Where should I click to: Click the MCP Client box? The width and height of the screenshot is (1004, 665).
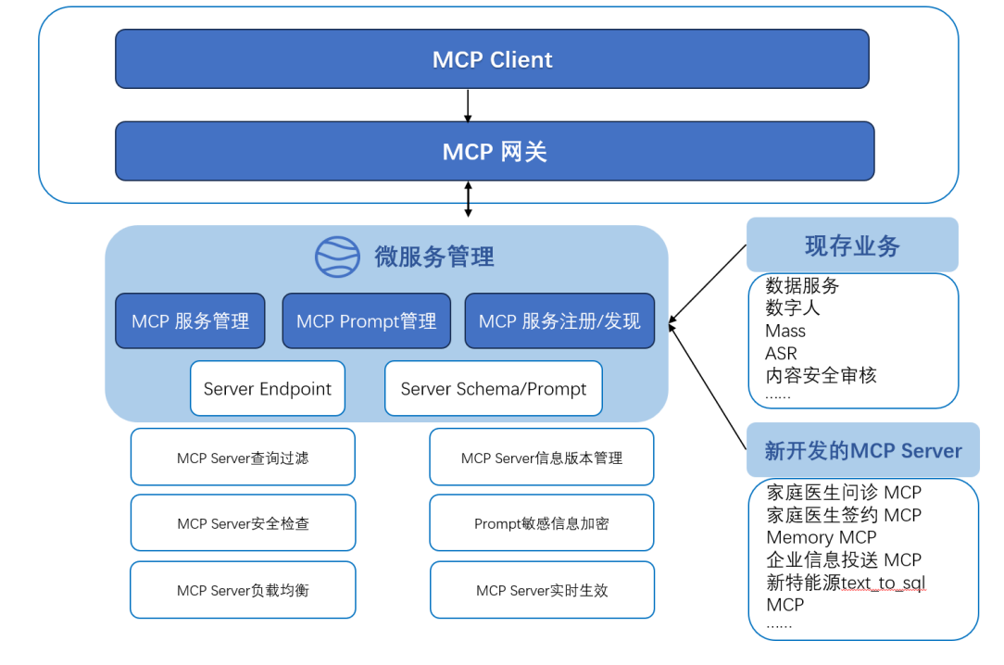click(492, 59)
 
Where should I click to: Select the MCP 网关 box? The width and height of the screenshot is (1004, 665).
click(495, 151)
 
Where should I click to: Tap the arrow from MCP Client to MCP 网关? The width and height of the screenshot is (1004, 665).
click(468, 106)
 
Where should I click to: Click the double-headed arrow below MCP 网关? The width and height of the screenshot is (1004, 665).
click(468, 199)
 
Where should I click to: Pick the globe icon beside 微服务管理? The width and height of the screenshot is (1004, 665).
click(337, 257)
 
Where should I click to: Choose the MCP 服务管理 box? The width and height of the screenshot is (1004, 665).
click(190, 321)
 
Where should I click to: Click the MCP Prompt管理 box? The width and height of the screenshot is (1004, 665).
click(366, 321)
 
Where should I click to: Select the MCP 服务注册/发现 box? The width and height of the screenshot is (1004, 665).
click(559, 321)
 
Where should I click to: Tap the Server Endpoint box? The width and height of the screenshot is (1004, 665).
click(268, 389)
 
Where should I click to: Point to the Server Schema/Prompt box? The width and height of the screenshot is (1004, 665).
click(493, 389)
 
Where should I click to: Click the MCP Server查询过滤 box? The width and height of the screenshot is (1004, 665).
click(243, 458)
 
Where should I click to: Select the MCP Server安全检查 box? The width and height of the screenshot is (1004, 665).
click(243, 523)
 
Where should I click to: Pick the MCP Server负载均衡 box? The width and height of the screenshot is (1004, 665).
click(243, 590)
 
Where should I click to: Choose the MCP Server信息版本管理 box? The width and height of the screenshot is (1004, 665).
click(542, 458)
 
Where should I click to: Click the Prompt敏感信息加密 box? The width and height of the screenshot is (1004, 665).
click(542, 523)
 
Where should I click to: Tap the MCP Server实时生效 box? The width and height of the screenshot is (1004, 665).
click(542, 590)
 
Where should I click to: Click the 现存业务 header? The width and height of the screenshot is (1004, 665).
click(852, 245)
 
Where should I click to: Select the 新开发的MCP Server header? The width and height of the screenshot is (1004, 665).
click(863, 451)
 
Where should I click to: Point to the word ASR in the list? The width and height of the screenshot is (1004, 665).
click(781, 353)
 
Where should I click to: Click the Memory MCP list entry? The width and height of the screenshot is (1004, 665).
click(821, 537)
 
